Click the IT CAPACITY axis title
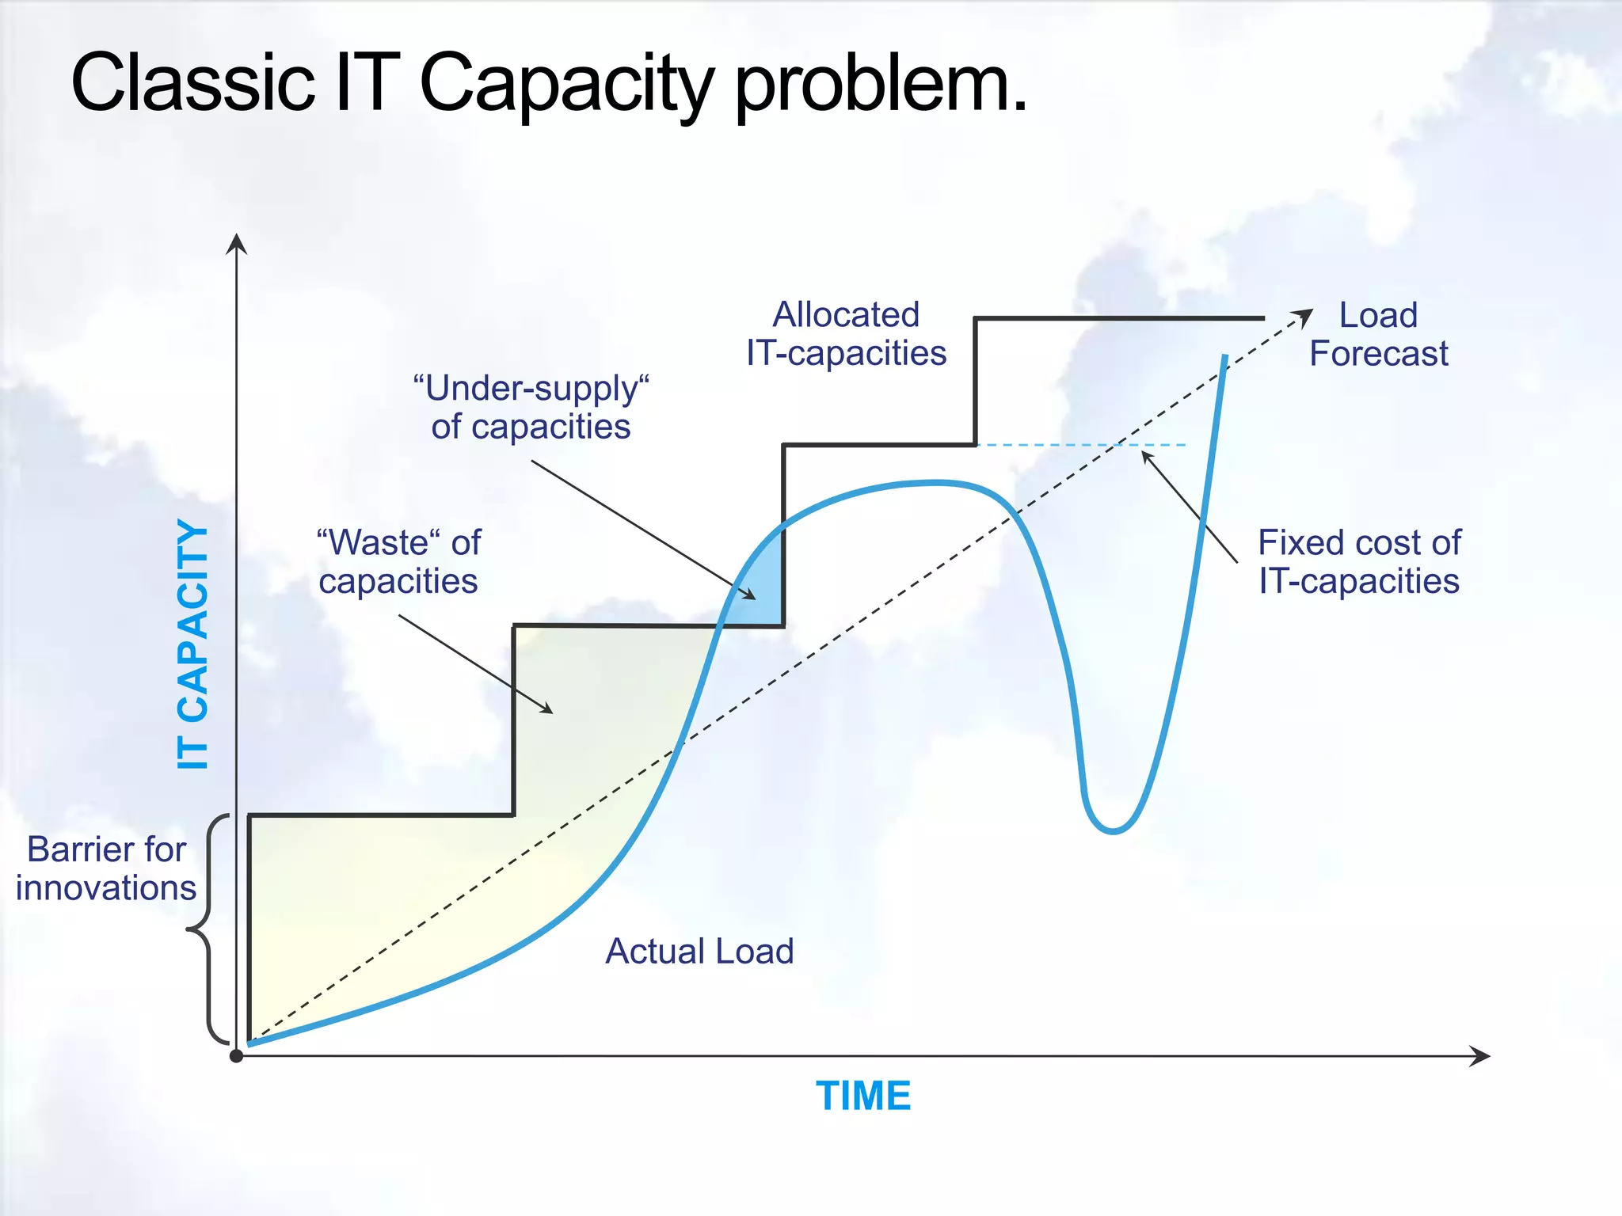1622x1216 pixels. click(x=192, y=645)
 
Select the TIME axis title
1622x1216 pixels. click(x=863, y=1096)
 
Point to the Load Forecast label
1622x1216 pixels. click(x=1378, y=334)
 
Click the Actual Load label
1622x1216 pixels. click(x=699, y=952)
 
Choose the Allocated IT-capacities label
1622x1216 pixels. click(x=846, y=334)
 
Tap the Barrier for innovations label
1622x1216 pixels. click(x=106, y=868)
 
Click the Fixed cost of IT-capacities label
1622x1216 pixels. click(x=1359, y=562)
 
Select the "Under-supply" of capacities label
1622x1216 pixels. click(x=531, y=408)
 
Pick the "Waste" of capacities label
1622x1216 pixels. click(x=398, y=562)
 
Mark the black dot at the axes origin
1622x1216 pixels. click(x=236, y=1056)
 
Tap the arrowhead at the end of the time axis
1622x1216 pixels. click(x=1481, y=1056)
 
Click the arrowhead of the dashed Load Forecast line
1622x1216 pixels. click(x=1304, y=316)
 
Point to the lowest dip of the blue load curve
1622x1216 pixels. click(x=1113, y=830)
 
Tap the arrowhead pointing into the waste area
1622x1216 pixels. click(x=546, y=709)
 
